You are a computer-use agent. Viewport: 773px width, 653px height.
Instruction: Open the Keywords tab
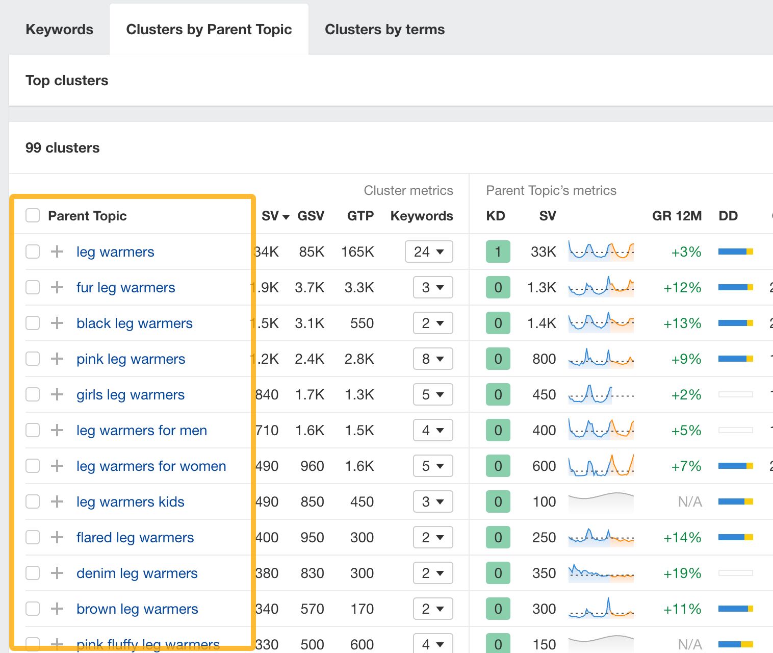click(59, 30)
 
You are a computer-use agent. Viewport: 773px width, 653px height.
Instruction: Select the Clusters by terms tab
click(384, 30)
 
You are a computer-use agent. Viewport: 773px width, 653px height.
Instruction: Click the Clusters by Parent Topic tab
click(209, 30)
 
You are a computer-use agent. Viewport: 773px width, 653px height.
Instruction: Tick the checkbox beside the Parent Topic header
click(33, 216)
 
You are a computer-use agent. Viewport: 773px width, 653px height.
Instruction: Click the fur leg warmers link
click(125, 288)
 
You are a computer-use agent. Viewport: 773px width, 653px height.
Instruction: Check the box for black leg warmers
click(33, 323)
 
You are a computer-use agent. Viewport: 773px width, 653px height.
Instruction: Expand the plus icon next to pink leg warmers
click(57, 359)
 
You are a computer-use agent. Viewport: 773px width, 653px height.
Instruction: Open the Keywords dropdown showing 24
click(429, 252)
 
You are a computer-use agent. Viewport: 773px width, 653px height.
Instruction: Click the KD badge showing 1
click(498, 252)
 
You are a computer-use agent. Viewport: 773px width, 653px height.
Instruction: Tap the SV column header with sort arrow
click(275, 216)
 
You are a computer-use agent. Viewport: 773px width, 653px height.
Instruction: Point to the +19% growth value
click(682, 573)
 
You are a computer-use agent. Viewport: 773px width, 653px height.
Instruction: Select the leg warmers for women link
click(151, 466)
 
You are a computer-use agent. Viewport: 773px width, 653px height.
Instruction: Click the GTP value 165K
click(357, 252)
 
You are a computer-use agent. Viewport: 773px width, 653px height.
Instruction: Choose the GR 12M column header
click(677, 216)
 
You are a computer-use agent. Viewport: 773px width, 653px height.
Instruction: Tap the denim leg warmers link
click(137, 573)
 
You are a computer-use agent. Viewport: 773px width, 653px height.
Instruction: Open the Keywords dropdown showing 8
click(433, 359)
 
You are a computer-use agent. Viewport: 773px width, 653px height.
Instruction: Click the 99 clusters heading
click(62, 148)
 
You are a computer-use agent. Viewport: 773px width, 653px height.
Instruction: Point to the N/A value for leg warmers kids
click(690, 502)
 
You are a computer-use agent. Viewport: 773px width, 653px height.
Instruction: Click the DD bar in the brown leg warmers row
click(735, 609)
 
